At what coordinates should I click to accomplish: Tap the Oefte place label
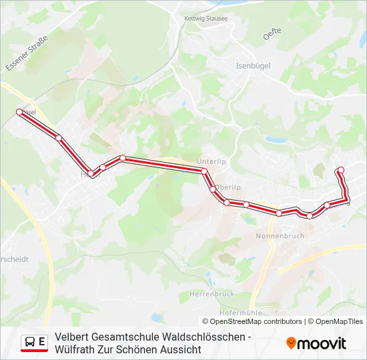[272, 33]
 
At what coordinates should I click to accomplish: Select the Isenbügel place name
[252, 66]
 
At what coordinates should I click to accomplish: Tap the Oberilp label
[228, 187]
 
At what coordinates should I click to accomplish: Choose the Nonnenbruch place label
[280, 236]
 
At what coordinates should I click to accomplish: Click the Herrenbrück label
[210, 294]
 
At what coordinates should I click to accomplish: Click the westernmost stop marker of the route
[19, 112]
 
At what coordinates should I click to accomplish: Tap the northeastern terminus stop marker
[341, 170]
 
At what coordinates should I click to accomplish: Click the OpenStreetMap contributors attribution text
[256, 321]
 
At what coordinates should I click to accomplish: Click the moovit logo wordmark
[322, 343]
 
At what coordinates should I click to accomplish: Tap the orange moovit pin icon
[291, 343]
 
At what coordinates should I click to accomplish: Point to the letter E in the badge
[42, 342]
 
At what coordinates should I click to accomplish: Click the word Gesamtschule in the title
[118, 337]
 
